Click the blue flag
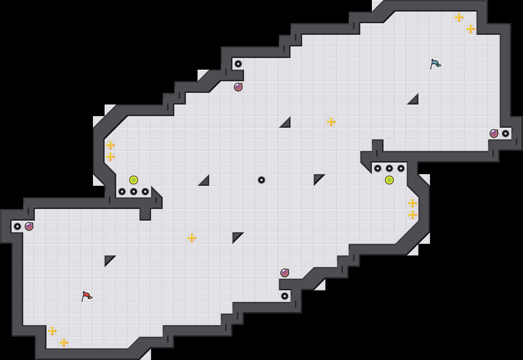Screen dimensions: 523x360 point(435,64)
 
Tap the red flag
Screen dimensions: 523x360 point(86,296)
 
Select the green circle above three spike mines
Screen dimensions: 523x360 point(134,180)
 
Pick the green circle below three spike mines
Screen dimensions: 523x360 point(389,180)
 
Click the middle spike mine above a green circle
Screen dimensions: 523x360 point(389,168)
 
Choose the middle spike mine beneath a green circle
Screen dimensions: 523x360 point(134,192)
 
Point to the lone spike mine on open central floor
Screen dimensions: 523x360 point(261,180)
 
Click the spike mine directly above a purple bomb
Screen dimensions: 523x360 point(238,64)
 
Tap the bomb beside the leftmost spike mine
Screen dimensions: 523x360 point(29,226)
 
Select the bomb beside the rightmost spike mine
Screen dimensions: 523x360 point(494,134)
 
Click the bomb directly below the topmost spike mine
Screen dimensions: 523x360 point(238,87)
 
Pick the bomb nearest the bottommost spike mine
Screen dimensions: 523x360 point(285,273)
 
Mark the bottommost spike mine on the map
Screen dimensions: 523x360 point(285,296)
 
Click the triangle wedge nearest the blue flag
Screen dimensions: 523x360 point(414,100)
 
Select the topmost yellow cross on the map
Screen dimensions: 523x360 point(459,17)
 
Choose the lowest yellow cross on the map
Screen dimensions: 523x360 point(64,343)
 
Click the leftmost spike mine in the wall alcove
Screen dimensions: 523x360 point(17,226)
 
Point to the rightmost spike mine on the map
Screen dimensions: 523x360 point(506,134)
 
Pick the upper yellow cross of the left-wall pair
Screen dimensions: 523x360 point(110,145)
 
